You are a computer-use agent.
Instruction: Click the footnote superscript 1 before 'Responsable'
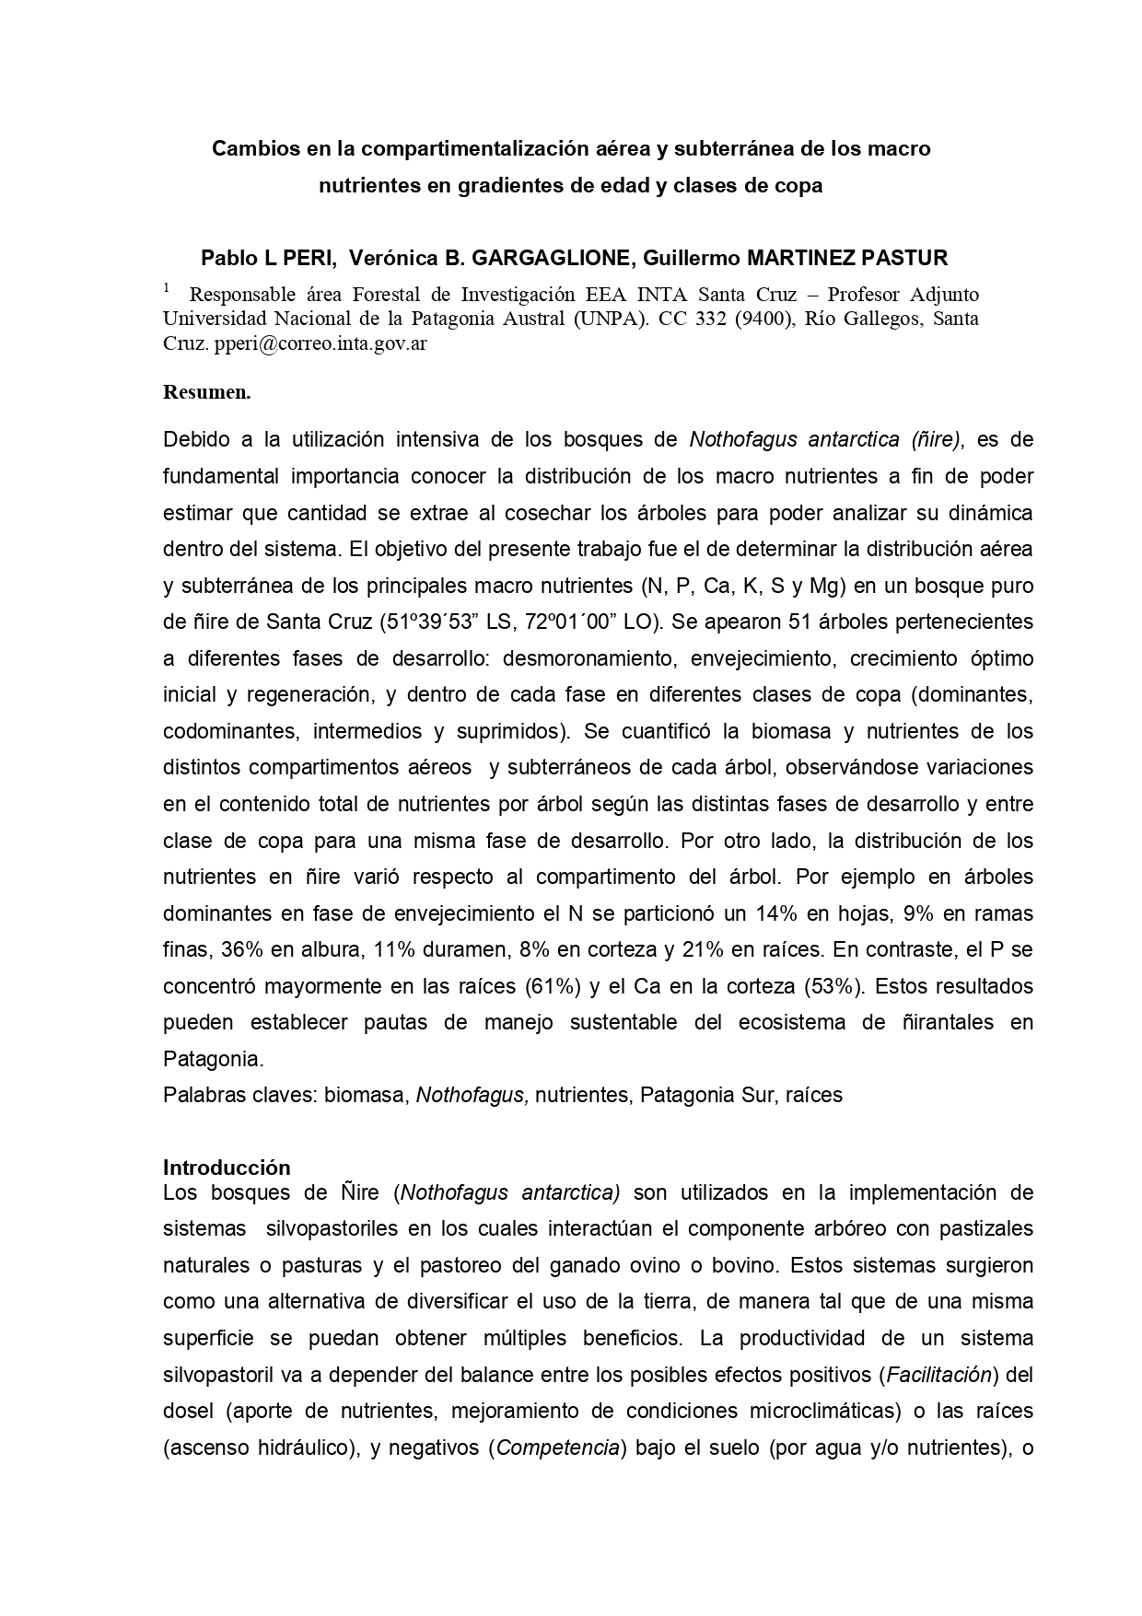(x=167, y=289)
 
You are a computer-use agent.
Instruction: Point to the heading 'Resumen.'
(x=206, y=391)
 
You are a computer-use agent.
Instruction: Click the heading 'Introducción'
(x=227, y=1168)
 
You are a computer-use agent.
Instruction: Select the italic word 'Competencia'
(x=557, y=1447)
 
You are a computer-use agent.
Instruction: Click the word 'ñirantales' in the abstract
(x=935, y=1023)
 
